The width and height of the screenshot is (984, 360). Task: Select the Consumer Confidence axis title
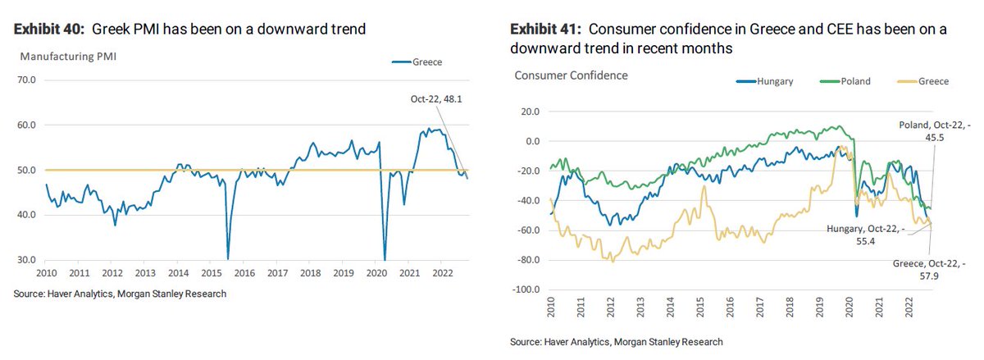coord(571,75)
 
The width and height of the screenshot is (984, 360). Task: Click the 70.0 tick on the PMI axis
coord(27,80)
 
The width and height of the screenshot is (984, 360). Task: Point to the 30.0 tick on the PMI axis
coord(27,260)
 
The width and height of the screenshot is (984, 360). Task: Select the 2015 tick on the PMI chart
coord(212,272)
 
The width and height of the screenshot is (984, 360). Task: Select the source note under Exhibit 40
coord(119,294)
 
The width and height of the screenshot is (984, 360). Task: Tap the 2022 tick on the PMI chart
coord(443,272)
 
